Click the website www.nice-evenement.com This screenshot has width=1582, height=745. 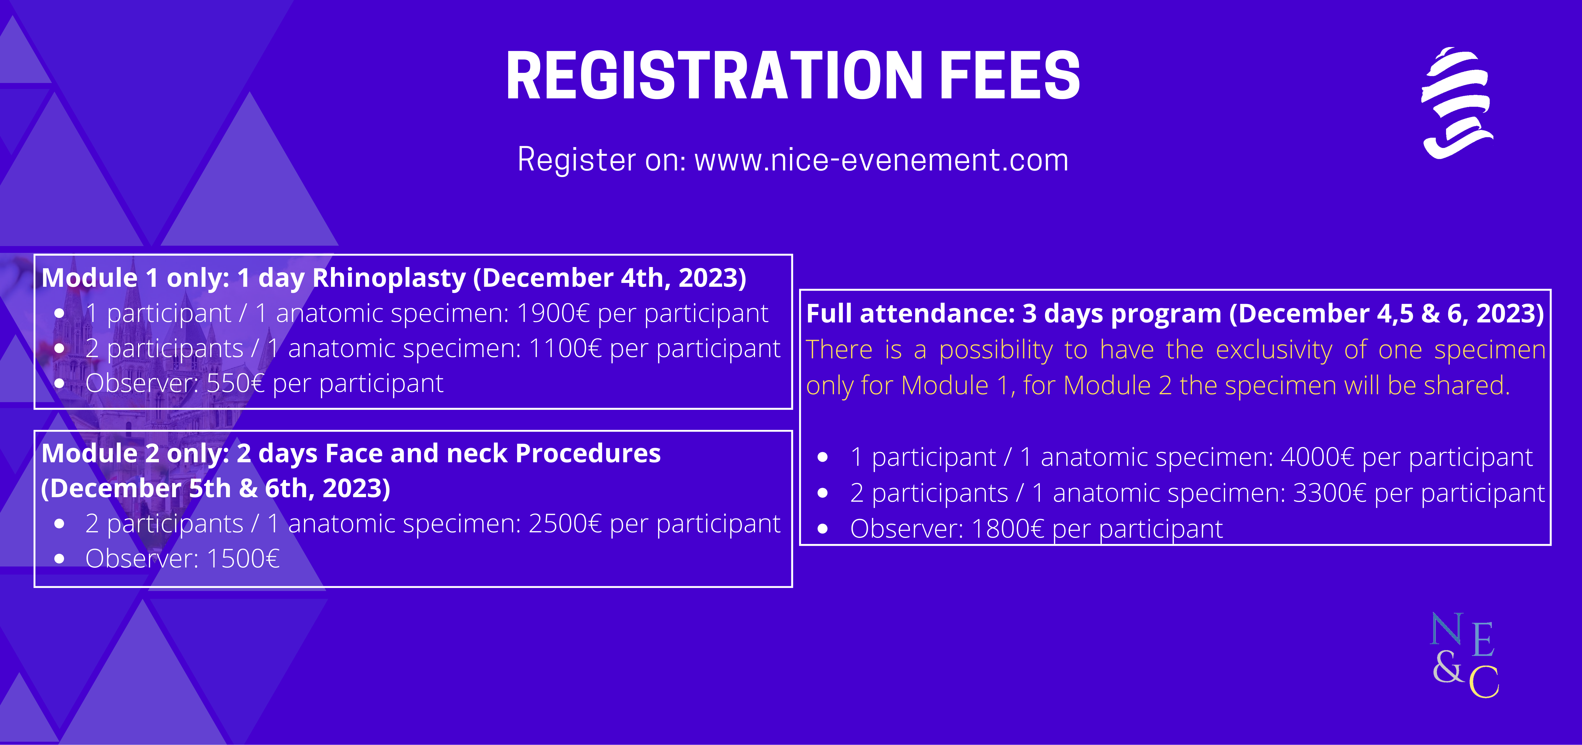point(881,160)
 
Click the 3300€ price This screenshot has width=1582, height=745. point(1330,493)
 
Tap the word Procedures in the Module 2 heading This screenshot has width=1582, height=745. point(588,453)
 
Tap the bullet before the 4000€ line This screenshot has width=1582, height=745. point(823,457)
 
